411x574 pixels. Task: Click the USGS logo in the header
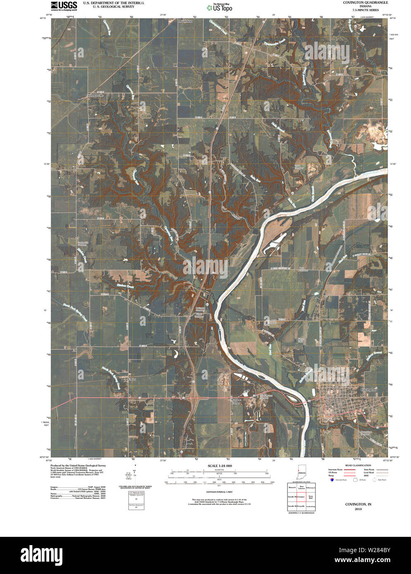64,5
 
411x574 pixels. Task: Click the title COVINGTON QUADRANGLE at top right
365,2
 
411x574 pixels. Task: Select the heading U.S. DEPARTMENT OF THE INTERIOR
114,2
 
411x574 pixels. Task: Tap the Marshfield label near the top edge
185,21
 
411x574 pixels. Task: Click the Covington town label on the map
368,389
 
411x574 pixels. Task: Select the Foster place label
131,379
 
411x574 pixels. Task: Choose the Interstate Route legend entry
337,470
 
